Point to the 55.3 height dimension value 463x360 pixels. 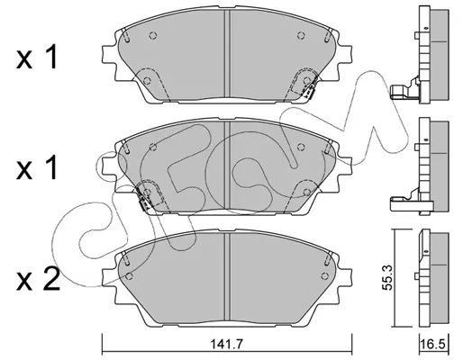[388, 277]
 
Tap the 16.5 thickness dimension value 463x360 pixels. [433, 345]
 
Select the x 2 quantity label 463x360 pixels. [38, 279]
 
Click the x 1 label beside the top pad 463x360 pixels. [37, 57]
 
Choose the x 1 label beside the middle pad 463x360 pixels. [37, 167]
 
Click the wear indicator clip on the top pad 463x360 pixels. [308, 90]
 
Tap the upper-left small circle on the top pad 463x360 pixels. [153, 35]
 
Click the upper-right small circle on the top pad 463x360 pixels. [301, 35]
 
